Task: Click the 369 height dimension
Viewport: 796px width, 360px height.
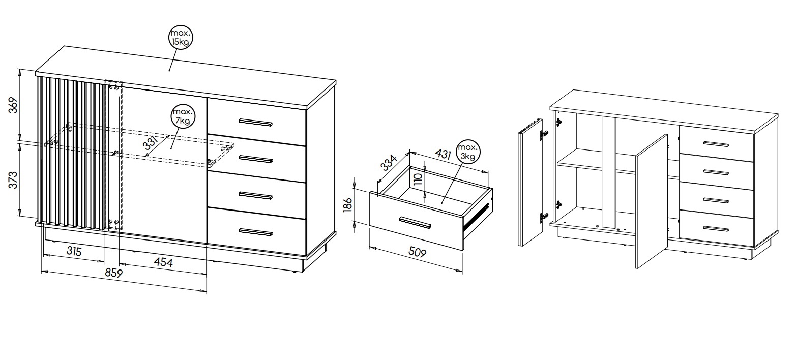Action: coord(13,105)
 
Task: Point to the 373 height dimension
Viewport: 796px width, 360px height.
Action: coord(13,180)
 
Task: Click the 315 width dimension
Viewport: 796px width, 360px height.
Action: coord(74,252)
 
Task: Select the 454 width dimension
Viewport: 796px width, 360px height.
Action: coord(163,262)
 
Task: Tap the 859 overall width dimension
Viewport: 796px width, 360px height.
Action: coord(114,273)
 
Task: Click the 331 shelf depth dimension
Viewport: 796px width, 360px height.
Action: coord(150,144)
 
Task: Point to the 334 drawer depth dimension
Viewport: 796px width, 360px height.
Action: coord(389,162)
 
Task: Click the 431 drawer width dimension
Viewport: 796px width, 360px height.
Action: coord(444,154)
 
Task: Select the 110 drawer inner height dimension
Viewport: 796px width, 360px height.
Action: coord(418,179)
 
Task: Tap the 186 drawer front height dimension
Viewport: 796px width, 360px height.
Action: coord(347,205)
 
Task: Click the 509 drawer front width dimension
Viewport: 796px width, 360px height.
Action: coord(417,252)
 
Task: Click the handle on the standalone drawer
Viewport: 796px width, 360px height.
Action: coord(415,223)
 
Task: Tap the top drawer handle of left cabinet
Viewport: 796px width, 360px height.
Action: coord(255,123)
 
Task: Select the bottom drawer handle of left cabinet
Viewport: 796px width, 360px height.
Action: coord(255,232)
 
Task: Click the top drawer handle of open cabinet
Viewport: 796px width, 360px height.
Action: coord(716,144)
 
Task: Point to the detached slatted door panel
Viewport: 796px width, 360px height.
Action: coord(530,183)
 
